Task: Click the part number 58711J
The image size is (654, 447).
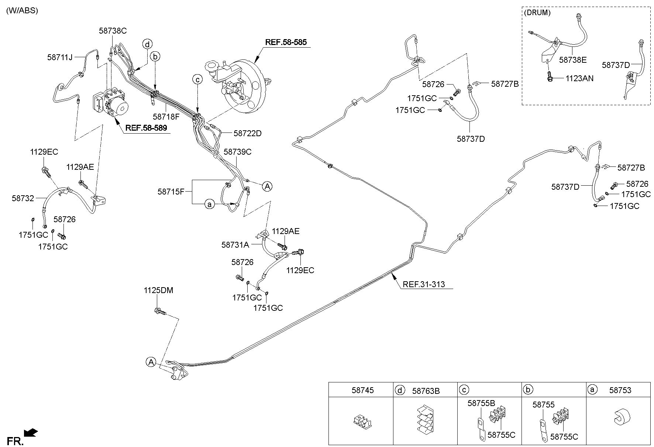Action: (x=60, y=57)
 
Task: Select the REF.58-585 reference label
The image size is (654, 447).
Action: (x=286, y=42)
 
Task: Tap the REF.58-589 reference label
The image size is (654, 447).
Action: (x=146, y=128)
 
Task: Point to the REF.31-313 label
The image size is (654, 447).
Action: (x=424, y=284)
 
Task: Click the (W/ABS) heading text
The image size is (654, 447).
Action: (x=22, y=10)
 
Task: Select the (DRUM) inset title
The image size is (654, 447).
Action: (x=537, y=13)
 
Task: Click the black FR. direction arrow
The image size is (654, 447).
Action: (x=30, y=432)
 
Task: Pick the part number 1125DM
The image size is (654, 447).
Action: (x=158, y=290)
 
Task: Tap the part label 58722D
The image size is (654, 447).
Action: (x=247, y=133)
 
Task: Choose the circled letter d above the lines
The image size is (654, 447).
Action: (x=147, y=45)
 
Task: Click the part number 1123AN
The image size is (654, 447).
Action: (x=579, y=78)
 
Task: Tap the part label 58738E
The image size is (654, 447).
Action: (x=573, y=60)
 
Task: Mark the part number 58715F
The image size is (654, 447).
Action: (x=171, y=192)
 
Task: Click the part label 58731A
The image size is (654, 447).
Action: (x=235, y=244)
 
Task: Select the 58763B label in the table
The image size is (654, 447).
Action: (x=426, y=391)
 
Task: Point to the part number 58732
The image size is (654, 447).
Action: (x=23, y=198)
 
